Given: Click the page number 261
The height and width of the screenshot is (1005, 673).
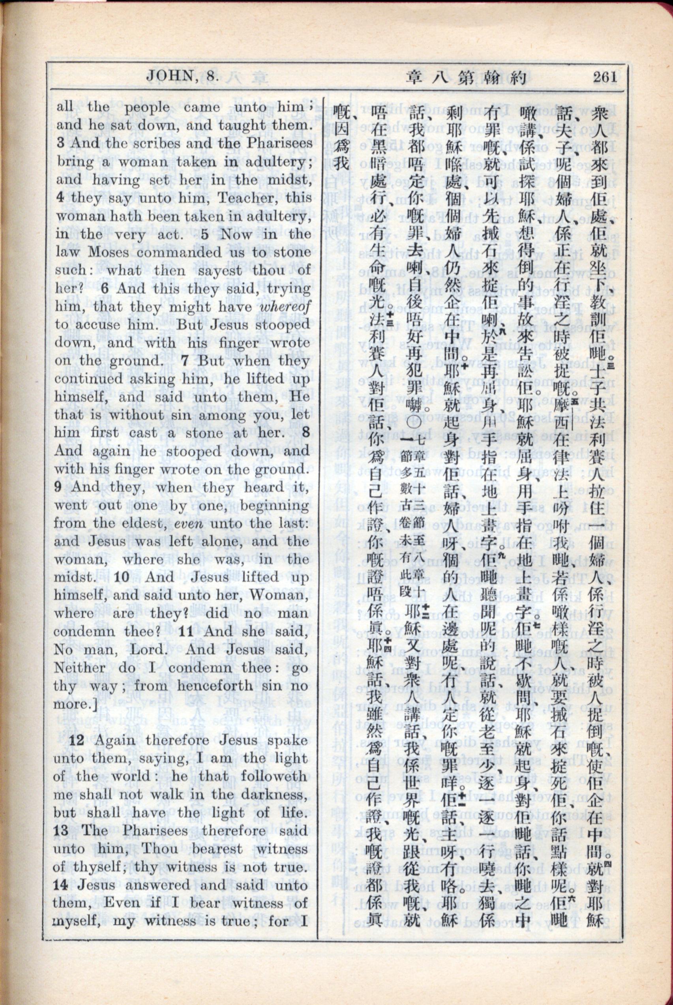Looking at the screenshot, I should [605, 77].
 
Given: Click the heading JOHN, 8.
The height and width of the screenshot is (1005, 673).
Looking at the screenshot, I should [182, 77].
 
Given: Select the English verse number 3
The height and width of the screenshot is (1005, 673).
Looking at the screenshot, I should [60, 143].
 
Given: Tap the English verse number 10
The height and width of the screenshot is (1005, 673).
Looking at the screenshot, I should [122, 577].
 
